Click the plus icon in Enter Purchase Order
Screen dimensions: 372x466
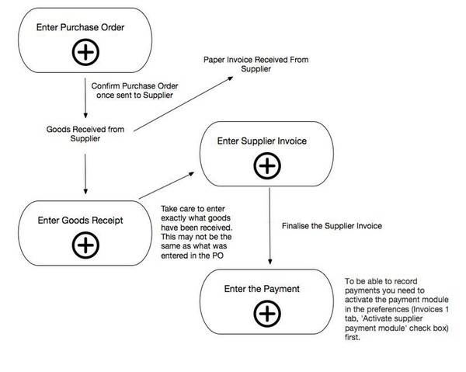85,53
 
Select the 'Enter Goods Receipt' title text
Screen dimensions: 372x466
81,220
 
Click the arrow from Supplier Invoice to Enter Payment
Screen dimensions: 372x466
268,224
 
